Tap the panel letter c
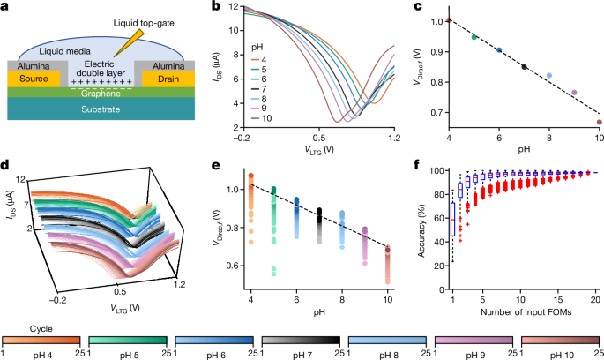pyautogui.click(x=414, y=7)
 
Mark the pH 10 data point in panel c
pyautogui.click(x=600, y=123)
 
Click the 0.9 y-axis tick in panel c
pyautogui.click(x=437, y=51)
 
